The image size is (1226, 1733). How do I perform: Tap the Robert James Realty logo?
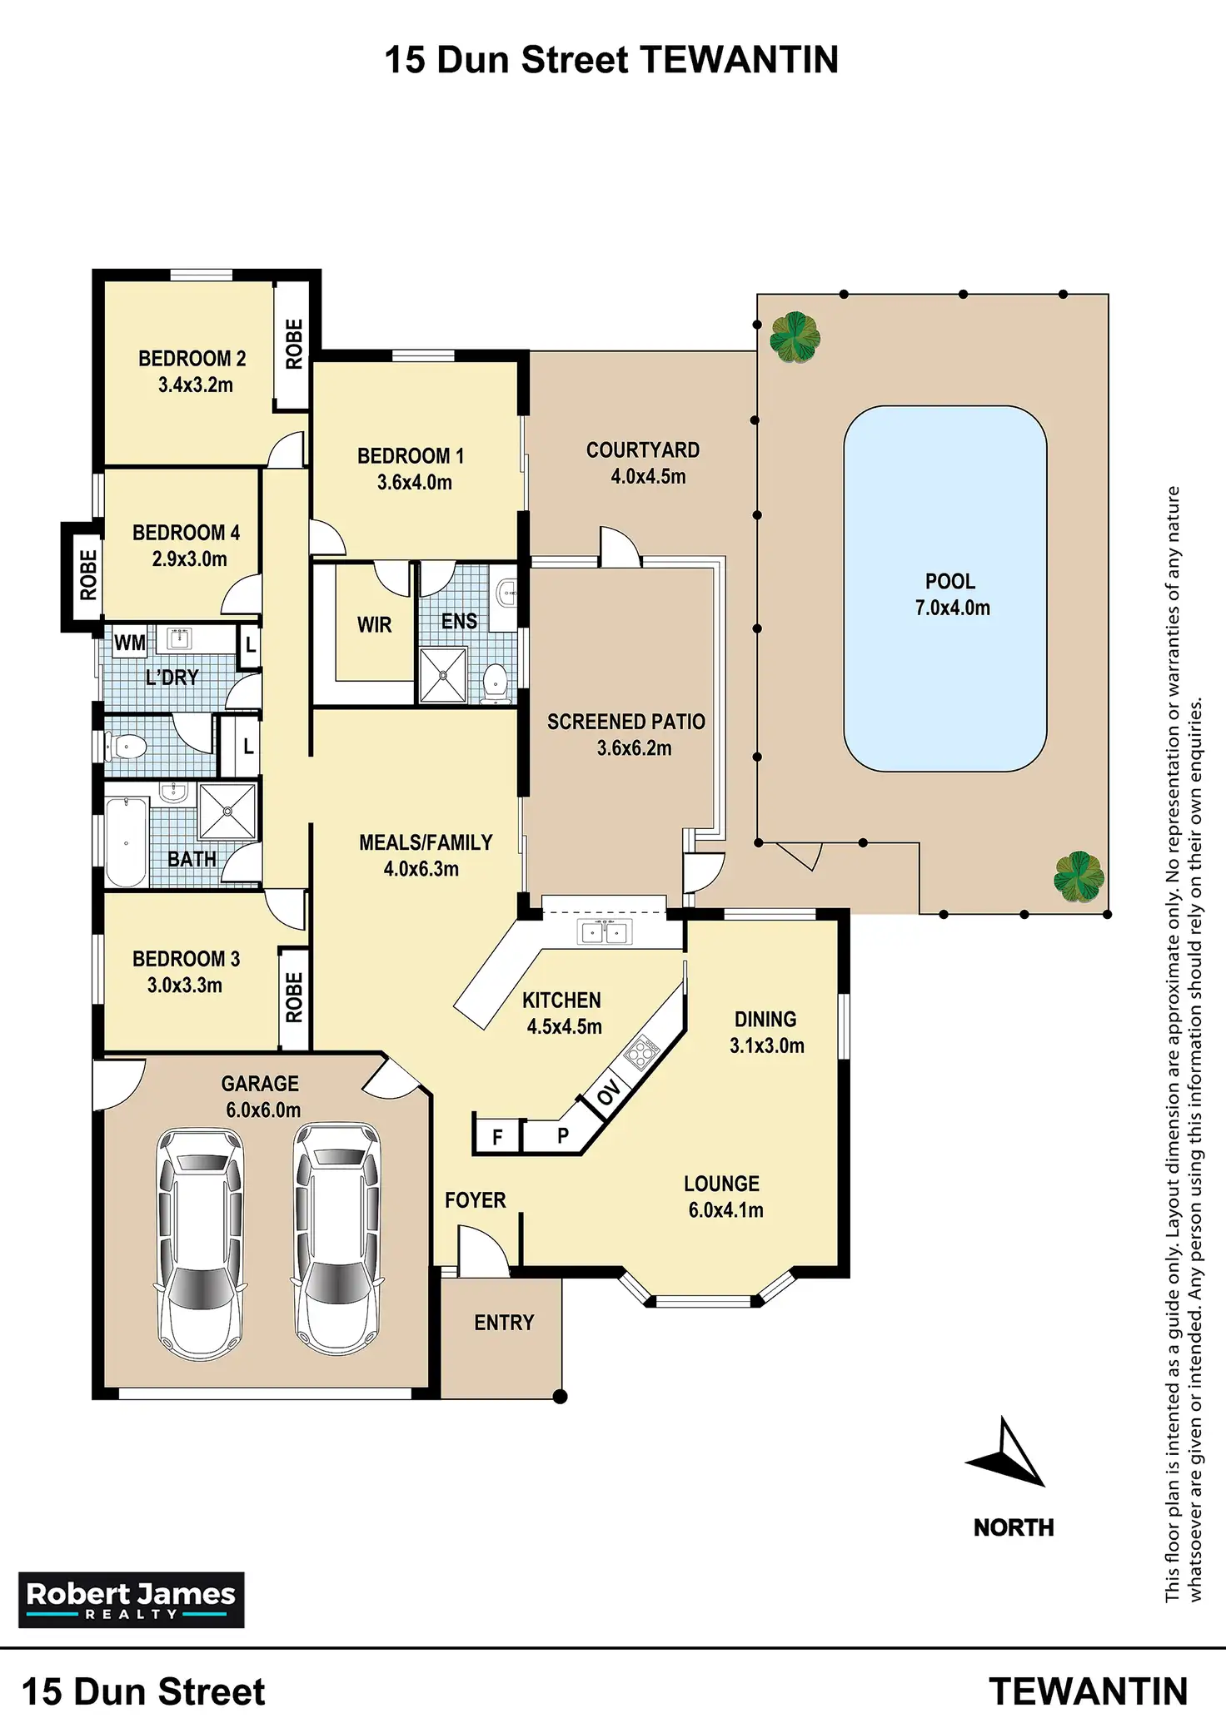pyautogui.click(x=132, y=1599)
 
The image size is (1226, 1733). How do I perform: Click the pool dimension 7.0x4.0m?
pyautogui.click(x=952, y=608)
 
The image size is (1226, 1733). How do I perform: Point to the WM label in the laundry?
pyautogui.click(x=129, y=643)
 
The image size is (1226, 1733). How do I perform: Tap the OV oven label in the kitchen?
pyautogui.click(x=609, y=1092)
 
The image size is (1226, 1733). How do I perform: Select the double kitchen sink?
pyautogui.click(x=604, y=932)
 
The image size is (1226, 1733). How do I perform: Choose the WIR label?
pyautogui.click(x=374, y=625)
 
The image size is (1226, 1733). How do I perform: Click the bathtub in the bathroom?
pyautogui.click(x=126, y=842)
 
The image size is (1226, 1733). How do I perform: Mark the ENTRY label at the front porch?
pyautogui.click(x=504, y=1323)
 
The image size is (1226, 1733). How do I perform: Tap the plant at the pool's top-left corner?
pyautogui.click(x=795, y=336)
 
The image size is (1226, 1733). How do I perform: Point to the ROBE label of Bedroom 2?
pyautogui.click(x=294, y=344)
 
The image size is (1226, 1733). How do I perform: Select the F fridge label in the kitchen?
pyautogui.click(x=497, y=1137)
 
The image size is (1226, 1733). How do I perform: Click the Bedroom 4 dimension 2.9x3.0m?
pyautogui.click(x=189, y=559)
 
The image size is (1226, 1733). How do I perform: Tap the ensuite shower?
pyautogui.click(x=442, y=675)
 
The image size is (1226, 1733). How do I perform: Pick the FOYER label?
pyautogui.click(x=475, y=1200)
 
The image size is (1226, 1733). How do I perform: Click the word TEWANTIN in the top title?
pyautogui.click(x=739, y=60)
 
